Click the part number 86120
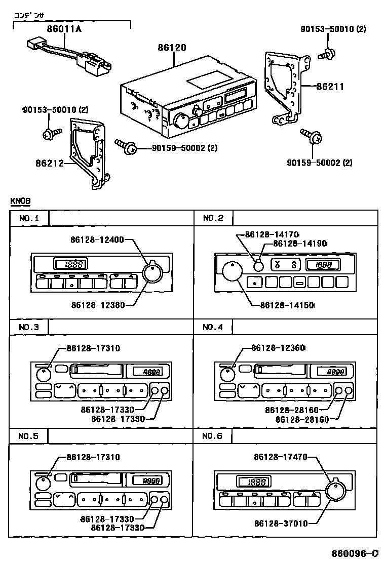coord(172,48)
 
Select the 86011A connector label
coord(63,29)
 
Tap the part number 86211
coord(330,87)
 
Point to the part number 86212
coord(50,163)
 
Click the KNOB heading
coord(20,201)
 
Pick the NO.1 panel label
coord(29,218)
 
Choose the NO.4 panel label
coord(213,327)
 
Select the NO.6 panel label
coord(213,436)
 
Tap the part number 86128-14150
coord(287,305)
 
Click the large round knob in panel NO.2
coord(232,271)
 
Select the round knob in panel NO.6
coord(334,491)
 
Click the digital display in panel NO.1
coord(70,264)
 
